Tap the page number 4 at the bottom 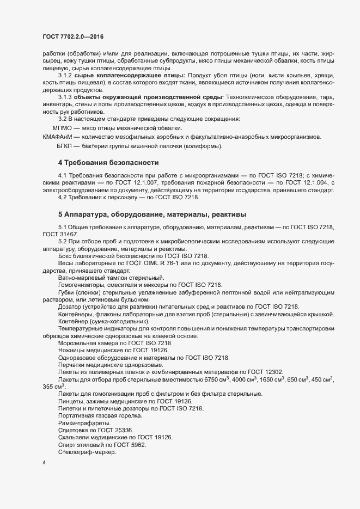(44, 463)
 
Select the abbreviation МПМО (63, 127)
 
